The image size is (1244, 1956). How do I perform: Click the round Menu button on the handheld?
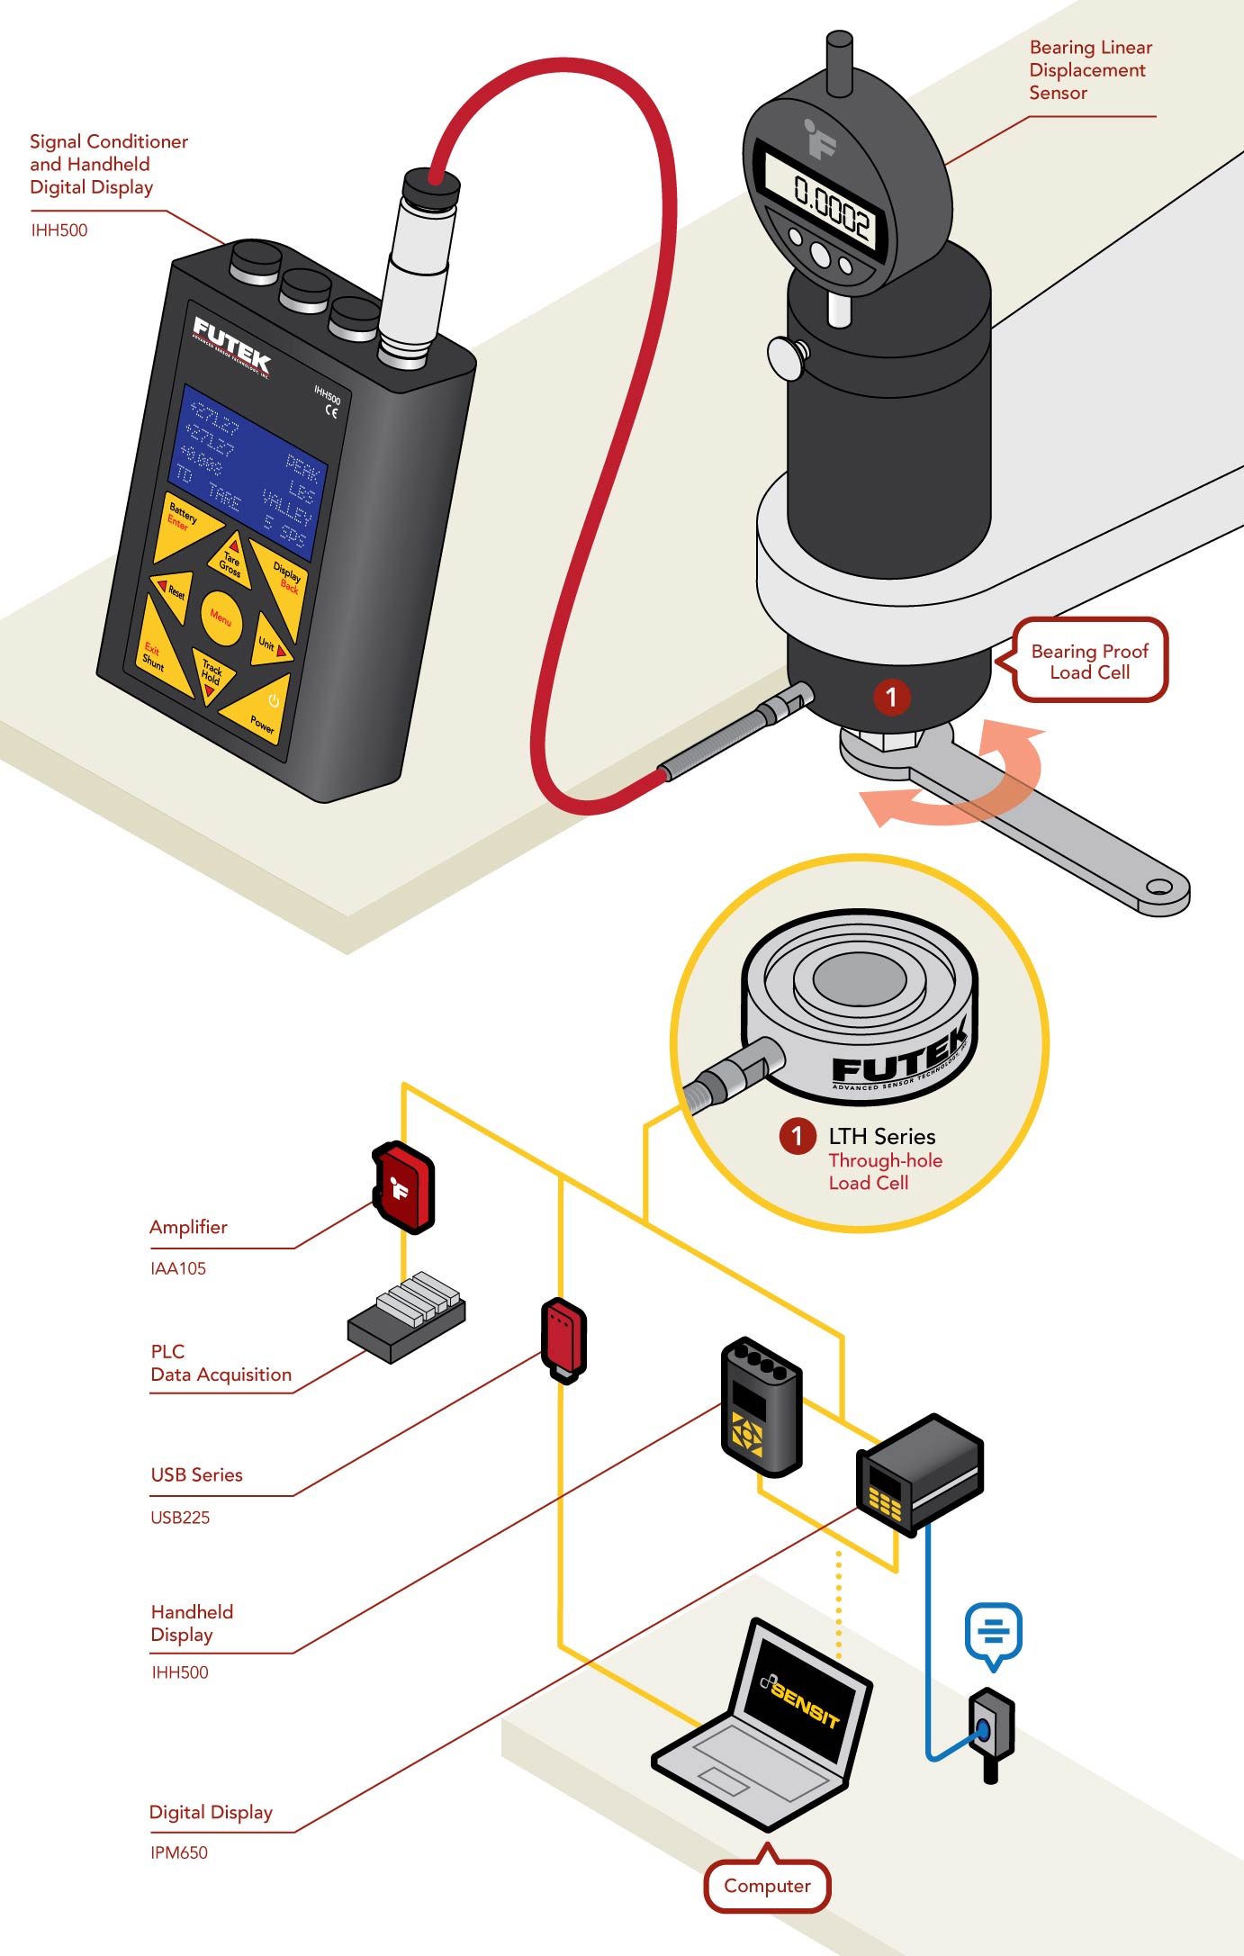[221, 618]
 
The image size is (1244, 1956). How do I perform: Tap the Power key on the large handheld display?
[262, 715]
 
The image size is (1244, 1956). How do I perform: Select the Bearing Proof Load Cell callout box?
[1089, 662]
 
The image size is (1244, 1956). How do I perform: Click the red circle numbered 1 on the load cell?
[891, 697]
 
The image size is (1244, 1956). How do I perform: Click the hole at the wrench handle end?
[1159, 888]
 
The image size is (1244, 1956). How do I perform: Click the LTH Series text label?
[881, 1137]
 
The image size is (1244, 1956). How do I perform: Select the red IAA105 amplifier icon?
[403, 1187]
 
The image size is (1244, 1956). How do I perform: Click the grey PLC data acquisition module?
[407, 1316]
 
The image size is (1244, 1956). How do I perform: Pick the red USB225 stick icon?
[563, 1339]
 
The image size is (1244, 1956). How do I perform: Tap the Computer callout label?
[767, 1886]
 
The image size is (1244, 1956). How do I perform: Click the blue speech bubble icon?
[993, 1631]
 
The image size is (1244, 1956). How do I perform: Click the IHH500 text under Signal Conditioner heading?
[59, 230]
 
